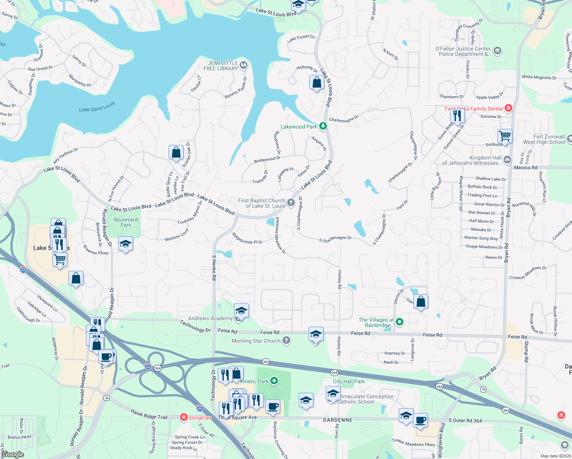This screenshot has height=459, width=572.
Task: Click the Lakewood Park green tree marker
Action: (x=323, y=126)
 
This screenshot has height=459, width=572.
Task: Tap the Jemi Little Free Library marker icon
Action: (x=244, y=65)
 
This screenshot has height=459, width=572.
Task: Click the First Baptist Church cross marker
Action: (x=291, y=203)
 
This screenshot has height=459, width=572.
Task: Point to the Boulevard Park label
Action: (x=126, y=222)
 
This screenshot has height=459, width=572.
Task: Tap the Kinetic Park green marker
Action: (x=274, y=381)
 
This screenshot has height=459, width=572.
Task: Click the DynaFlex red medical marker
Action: (x=184, y=417)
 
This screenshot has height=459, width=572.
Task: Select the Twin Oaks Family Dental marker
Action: (x=508, y=108)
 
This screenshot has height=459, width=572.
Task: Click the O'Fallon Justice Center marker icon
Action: (x=497, y=50)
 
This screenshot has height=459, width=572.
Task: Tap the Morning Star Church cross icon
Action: (x=286, y=340)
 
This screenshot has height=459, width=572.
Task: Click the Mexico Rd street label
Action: (x=525, y=168)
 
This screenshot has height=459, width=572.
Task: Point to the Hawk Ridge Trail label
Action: (x=149, y=414)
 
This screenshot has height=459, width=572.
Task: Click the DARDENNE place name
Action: (x=338, y=420)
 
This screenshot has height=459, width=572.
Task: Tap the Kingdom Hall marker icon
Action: (x=507, y=160)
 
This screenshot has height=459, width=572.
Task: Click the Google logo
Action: (x=13, y=454)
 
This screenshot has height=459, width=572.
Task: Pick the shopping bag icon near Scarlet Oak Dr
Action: (x=176, y=152)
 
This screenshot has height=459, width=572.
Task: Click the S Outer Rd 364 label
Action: (x=465, y=420)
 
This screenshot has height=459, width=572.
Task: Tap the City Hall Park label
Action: (x=349, y=381)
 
